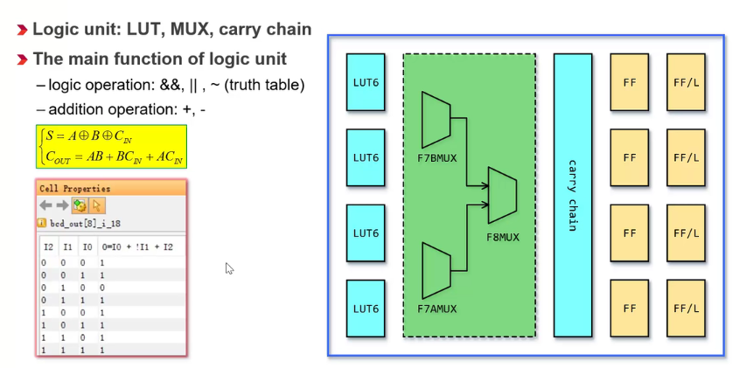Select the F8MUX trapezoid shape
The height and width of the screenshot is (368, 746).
[x=502, y=196]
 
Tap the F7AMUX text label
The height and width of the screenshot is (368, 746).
[x=436, y=309]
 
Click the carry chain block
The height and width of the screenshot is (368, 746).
[x=573, y=195]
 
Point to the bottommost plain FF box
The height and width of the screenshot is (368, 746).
[x=630, y=309]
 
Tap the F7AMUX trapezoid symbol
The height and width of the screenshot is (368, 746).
[x=436, y=271]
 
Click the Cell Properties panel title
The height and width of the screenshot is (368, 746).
[x=75, y=188]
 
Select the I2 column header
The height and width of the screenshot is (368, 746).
[x=48, y=247]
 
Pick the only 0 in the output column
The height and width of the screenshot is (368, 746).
[x=102, y=287]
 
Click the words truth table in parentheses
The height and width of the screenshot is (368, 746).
[x=272, y=86]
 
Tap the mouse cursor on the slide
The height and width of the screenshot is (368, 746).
[x=229, y=268]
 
